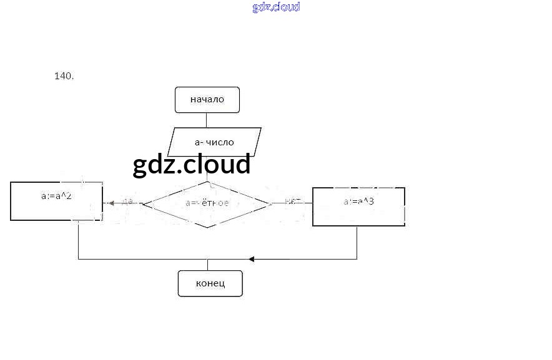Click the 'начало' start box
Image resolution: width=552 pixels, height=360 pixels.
coord(207,100)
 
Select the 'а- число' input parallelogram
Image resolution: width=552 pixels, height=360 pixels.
coord(214,142)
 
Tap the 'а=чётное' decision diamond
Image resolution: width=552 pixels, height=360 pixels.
coord(207,203)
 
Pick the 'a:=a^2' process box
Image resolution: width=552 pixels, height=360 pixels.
coord(56,200)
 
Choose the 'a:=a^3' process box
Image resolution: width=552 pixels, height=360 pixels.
coord(358,206)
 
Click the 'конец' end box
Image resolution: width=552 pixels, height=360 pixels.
coord(210,283)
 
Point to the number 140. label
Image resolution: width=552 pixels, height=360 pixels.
coord(64,76)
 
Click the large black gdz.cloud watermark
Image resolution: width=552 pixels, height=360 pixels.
coord(192,164)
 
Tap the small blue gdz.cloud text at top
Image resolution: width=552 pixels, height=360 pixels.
coord(276,7)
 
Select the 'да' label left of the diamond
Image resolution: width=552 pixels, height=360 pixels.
coord(127,202)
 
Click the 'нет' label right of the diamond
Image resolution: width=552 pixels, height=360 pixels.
coord(292,201)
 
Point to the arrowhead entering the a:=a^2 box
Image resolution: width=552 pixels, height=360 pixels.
coord(111,203)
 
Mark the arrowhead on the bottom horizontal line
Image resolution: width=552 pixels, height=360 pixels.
coord(251,258)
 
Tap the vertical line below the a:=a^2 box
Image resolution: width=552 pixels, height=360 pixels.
coord(78,240)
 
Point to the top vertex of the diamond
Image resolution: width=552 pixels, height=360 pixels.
coord(207,182)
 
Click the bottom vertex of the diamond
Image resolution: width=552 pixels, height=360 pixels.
coord(207,228)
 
